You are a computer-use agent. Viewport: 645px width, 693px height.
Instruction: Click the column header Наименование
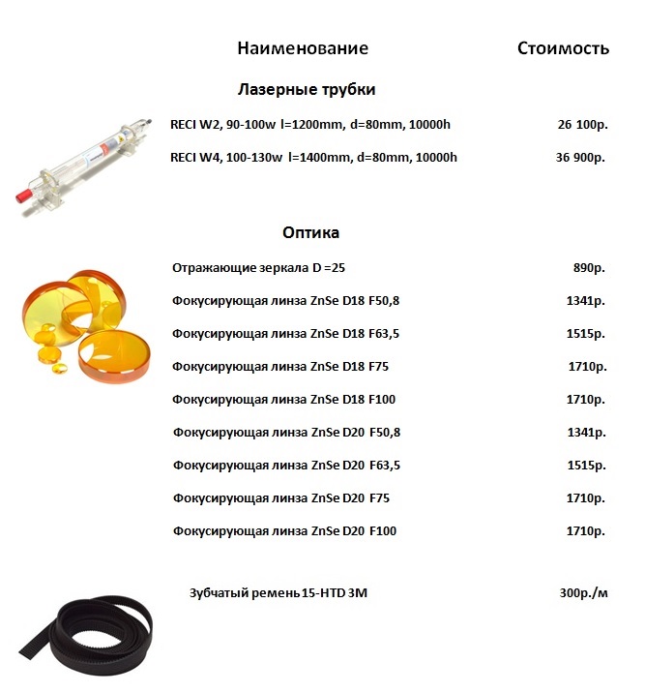(x=303, y=48)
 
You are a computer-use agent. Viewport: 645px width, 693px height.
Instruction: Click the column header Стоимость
(x=563, y=48)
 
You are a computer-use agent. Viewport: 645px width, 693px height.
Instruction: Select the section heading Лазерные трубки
(x=307, y=90)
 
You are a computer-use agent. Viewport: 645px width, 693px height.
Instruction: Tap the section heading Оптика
(x=310, y=233)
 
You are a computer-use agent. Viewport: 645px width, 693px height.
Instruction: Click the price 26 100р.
(x=581, y=125)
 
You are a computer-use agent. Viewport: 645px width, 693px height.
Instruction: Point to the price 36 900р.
(x=581, y=158)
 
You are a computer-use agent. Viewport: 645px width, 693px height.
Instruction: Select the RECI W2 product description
(x=310, y=125)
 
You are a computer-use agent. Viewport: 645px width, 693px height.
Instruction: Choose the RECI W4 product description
(x=313, y=158)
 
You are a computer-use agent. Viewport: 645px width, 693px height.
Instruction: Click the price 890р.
(x=589, y=267)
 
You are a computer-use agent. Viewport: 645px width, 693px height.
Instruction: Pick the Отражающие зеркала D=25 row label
(x=257, y=267)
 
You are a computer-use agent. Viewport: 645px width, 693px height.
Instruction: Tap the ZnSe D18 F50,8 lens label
(x=285, y=301)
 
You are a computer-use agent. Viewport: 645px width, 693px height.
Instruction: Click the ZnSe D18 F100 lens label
(x=283, y=400)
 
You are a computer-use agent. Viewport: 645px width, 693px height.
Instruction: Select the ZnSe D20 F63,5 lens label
(x=286, y=466)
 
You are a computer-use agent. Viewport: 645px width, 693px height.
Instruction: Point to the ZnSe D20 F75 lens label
(x=280, y=498)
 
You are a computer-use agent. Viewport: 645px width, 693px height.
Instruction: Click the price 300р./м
(x=584, y=592)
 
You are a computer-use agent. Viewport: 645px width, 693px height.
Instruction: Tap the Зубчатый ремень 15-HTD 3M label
(x=279, y=592)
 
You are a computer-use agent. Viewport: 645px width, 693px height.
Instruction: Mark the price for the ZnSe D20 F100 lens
(x=586, y=531)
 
